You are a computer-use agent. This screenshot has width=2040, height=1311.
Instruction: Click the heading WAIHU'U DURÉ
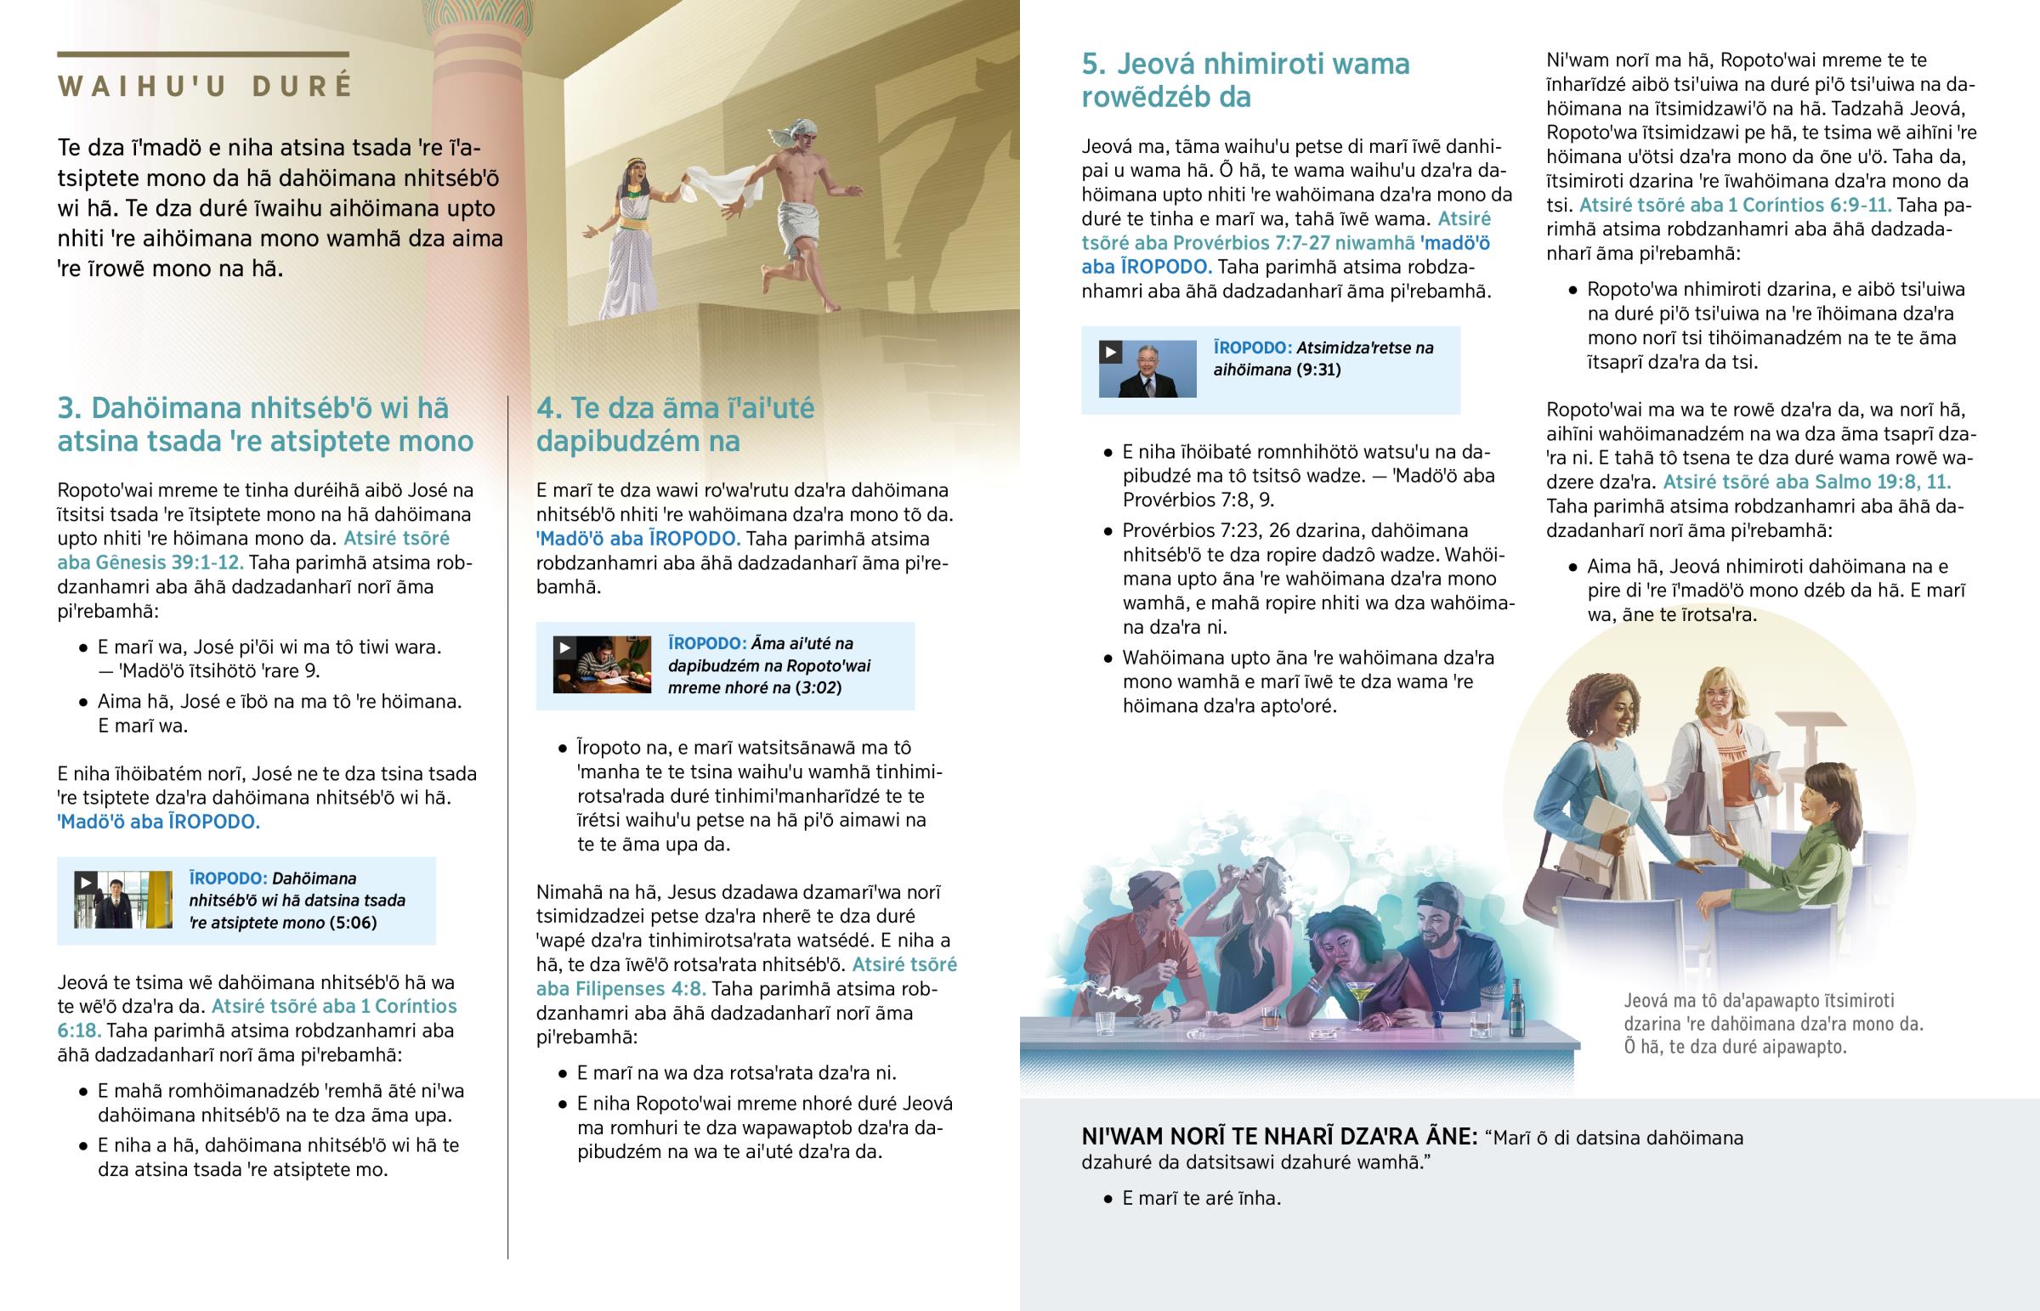pyautogui.click(x=204, y=87)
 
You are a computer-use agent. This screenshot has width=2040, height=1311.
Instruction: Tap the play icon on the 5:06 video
pyautogui.click(x=85, y=883)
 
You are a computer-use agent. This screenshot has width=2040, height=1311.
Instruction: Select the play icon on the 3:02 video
pyautogui.click(x=564, y=647)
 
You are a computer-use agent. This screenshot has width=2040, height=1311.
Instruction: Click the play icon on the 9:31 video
pyautogui.click(x=1110, y=352)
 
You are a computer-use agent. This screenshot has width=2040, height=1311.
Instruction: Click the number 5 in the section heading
pyautogui.click(x=1092, y=64)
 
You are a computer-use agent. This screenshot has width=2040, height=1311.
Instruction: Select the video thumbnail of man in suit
pyautogui.click(x=1147, y=370)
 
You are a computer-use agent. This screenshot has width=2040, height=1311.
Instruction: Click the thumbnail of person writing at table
pyautogui.click(x=602, y=665)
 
